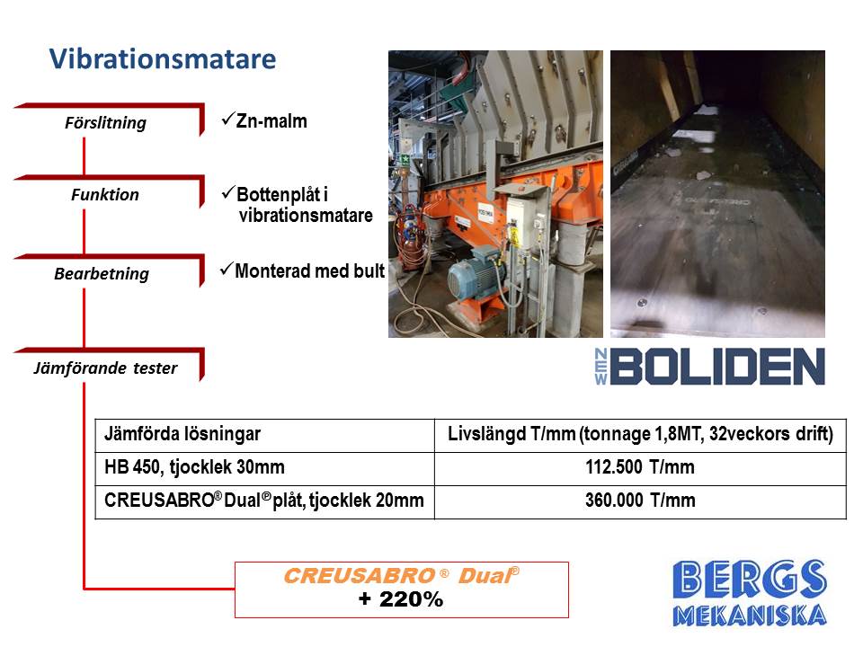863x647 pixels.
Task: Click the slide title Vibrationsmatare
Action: (163, 59)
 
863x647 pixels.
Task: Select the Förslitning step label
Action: (105, 123)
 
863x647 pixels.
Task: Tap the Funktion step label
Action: (104, 194)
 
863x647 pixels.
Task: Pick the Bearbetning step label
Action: (102, 273)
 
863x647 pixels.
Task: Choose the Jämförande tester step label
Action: (105, 368)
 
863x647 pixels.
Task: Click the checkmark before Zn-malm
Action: (227, 119)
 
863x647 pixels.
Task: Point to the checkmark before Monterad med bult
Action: (227, 269)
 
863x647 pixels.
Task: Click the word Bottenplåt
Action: (279, 194)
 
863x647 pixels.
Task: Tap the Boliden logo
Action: (709, 366)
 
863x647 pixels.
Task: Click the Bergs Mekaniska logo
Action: (749, 593)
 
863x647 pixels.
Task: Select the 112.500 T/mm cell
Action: (640, 467)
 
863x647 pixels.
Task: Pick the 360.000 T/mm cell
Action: (640, 501)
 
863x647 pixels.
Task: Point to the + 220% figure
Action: (401, 598)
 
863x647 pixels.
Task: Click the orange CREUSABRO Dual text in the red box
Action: (401, 575)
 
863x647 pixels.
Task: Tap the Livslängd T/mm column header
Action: (640, 433)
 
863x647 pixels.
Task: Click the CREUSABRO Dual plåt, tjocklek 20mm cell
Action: (264, 501)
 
